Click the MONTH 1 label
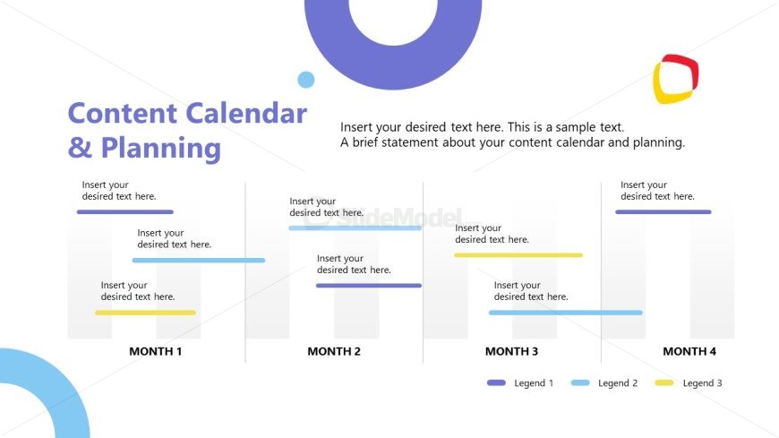point(155,351)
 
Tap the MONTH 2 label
point(334,351)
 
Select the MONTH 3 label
point(511,351)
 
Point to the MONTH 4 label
point(689,351)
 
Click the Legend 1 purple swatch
point(496,383)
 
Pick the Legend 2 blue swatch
point(580,383)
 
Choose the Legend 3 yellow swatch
point(664,383)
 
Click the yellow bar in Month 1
point(145,313)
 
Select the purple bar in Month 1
point(124,212)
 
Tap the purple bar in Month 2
point(368,286)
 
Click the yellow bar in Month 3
point(518,255)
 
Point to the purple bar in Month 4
point(663,212)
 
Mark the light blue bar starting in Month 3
point(565,313)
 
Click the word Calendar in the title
point(246,114)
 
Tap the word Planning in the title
point(160,147)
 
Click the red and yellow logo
point(675,78)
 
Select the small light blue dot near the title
point(306,80)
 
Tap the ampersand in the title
point(80,147)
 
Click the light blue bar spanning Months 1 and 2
point(198,261)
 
